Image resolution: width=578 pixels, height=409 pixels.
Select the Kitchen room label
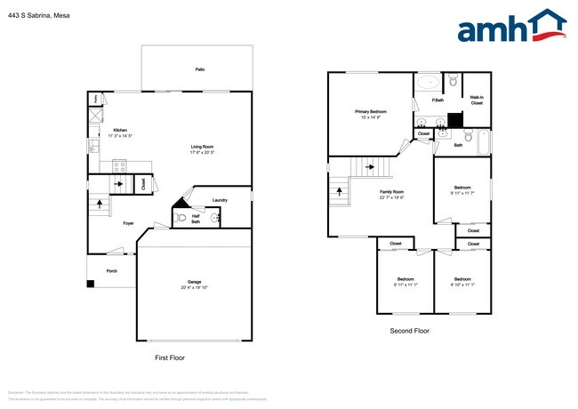tap(117, 130)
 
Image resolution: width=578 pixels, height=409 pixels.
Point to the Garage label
tap(194, 282)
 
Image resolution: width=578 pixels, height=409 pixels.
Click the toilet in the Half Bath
tap(181, 217)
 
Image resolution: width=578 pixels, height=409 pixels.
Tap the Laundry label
tap(219, 200)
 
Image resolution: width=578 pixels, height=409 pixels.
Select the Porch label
tap(111, 270)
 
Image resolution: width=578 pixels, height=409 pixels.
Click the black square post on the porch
tap(91, 285)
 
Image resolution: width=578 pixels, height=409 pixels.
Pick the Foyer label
tap(128, 223)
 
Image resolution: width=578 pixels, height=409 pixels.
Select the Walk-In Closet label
tap(477, 100)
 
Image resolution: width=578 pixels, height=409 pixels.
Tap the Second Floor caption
tap(409, 331)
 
